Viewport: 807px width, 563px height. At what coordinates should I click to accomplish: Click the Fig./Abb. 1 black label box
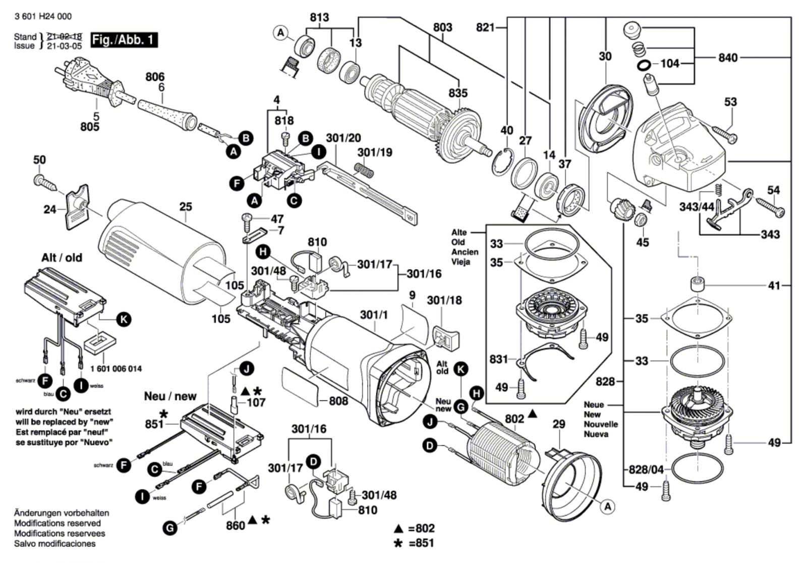(124, 40)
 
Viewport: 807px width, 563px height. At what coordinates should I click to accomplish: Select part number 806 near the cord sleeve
(155, 77)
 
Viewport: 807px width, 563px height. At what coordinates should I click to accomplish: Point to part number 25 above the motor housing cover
(186, 207)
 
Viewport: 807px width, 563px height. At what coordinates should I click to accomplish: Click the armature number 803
(442, 27)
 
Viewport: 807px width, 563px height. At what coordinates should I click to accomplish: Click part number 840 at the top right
(728, 58)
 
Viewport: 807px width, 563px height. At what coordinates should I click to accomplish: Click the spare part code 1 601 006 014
(116, 369)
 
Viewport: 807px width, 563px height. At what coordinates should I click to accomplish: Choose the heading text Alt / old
(62, 258)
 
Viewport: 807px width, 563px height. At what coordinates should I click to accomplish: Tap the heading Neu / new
(170, 396)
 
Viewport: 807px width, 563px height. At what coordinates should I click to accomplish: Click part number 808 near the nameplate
(338, 401)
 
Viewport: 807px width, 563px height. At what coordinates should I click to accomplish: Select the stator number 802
(514, 419)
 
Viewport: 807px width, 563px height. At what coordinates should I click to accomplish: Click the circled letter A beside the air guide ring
(608, 506)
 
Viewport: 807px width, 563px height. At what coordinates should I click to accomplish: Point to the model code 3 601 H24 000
(43, 16)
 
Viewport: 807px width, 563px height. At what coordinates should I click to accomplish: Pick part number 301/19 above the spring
(375, 152)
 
